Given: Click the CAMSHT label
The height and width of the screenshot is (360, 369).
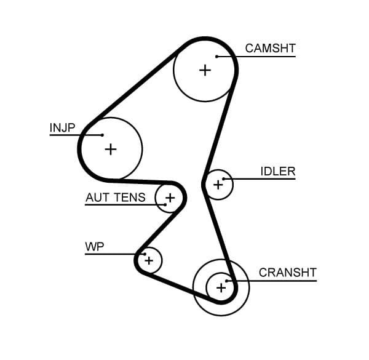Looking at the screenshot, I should (270, 48).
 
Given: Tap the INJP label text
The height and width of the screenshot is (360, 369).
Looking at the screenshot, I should (62, 128).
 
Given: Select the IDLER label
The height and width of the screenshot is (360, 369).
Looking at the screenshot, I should (278, 172).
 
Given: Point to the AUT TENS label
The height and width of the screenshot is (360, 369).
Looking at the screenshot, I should (116, 198).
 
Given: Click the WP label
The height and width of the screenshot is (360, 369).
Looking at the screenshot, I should (95, 247).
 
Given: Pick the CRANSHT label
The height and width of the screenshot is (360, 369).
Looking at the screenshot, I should (287, 273).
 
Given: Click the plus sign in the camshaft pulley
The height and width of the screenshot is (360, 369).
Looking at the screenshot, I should (205, 70).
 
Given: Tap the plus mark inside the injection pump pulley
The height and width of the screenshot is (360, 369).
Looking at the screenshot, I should (110, 149).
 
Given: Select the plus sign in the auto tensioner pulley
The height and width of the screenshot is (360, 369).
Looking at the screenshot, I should (170, 198).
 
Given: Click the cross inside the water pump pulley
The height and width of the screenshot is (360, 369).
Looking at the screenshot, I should (148, 261).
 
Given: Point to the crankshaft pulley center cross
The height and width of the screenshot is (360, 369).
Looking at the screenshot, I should (221, 287).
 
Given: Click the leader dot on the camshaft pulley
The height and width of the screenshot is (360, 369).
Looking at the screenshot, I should (217, 57).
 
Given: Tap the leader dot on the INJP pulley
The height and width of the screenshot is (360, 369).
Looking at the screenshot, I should (102, 135).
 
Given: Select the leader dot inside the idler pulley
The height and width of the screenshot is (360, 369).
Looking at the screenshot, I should (225, 179).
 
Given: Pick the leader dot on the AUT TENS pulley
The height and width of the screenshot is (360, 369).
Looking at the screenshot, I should (165, 204).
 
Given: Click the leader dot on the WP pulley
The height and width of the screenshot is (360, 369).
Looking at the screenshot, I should (143, 254).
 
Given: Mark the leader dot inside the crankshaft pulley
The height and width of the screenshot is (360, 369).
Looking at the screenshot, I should (233, 281).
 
